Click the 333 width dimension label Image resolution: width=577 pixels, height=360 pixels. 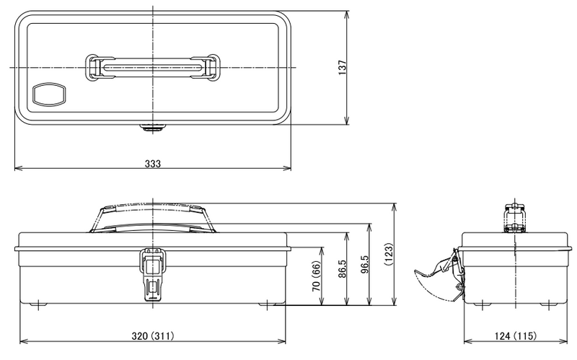click(153, 164)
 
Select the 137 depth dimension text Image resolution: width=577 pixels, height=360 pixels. click(343, 68)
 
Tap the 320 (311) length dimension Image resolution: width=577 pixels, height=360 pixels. click(153, 335)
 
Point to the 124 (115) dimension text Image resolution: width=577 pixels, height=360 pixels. click(516, 335)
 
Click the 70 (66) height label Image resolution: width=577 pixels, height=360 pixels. click(317, 276)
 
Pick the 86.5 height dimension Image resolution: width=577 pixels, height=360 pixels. click(342, 268)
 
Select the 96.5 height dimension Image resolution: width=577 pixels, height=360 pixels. click(364, 264)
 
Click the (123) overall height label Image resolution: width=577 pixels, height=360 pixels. click(389, 254)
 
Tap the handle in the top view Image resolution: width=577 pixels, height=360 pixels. click(153, 67)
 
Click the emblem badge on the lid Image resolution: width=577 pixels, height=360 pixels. click(49, 95)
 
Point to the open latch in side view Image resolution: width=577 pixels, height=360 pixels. click(440, 275)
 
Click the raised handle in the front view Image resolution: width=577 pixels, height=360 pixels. click(153, 217)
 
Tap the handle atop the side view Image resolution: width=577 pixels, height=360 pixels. click(515, 218)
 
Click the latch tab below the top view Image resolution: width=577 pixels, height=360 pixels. click(153, 128)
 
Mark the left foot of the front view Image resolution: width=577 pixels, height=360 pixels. click(38, 304)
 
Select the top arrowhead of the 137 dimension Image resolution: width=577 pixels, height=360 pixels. click(346, 15)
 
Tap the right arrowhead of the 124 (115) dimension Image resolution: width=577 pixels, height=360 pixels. click(564, 341)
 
